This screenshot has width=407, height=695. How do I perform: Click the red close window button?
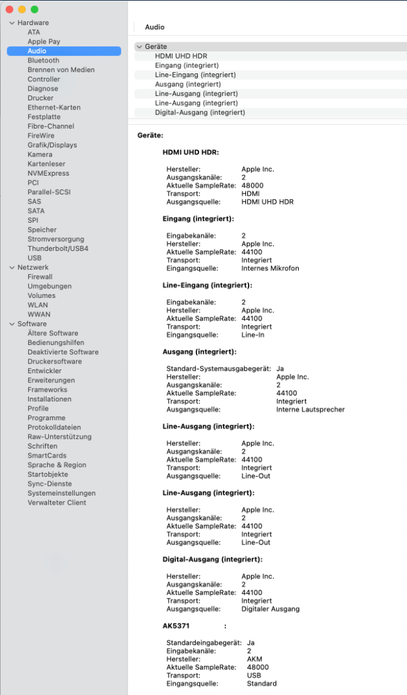tap(9, 10)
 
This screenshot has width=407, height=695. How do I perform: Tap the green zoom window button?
tap(35, 10)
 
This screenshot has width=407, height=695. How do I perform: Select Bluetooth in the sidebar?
tap(43, 60)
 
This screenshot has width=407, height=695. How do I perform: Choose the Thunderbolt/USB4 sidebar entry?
tap(58, 248)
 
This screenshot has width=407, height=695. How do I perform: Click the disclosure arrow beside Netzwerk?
tap(12, 267)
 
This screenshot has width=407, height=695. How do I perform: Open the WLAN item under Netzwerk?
tap(38, 305)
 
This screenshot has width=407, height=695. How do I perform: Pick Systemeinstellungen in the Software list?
tap(61, 493)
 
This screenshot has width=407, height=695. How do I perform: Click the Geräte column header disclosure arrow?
tap(140, 47)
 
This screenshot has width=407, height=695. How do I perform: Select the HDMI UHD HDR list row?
tap(181, 56)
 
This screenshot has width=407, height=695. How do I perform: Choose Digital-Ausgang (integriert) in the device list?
tap(200, 113)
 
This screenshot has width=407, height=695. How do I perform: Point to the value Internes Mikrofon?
tap(270, 268)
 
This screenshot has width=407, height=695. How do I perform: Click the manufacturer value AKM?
tap(254, 659)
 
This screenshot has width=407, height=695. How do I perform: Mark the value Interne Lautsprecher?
tap(310, 409)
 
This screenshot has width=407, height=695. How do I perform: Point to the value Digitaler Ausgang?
tap(270, 609)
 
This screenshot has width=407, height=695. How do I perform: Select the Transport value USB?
tap(254, 676)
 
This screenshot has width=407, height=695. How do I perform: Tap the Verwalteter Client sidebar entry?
tap(57, 503)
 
